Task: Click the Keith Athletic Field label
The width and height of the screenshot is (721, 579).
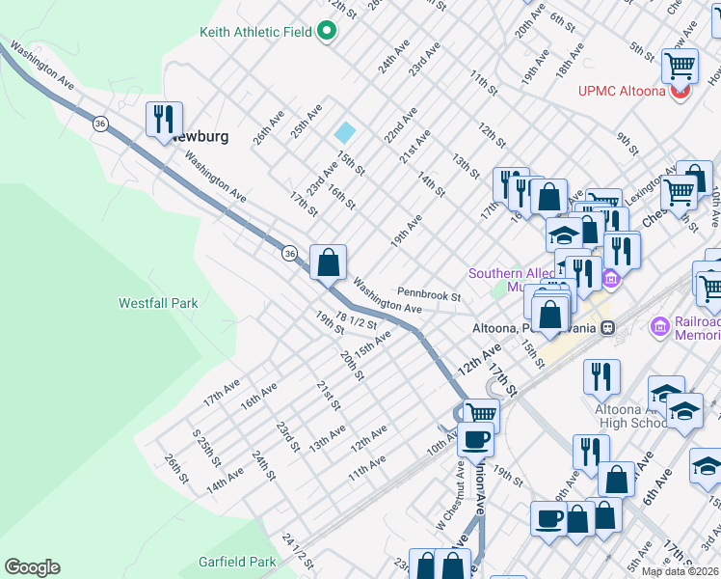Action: [255, 32]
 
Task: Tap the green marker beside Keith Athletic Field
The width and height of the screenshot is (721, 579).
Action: [326, 32]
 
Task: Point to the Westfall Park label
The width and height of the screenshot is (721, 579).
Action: [158, 303]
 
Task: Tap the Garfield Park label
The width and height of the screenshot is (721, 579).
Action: [237, 562]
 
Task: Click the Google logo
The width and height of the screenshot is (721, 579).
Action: [32, 567]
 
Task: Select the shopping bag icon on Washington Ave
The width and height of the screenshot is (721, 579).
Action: [328, 262]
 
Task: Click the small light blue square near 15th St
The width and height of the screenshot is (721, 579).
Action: [344, 132]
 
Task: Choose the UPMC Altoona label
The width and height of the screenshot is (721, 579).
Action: [622, 92]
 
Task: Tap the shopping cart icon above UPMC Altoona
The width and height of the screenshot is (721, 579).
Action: [680, 66]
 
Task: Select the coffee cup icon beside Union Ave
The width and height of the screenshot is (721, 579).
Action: [475, 439]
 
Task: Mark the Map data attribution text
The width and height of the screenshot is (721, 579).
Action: [680, 571]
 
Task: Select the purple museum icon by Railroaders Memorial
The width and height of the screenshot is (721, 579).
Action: [659, 327]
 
